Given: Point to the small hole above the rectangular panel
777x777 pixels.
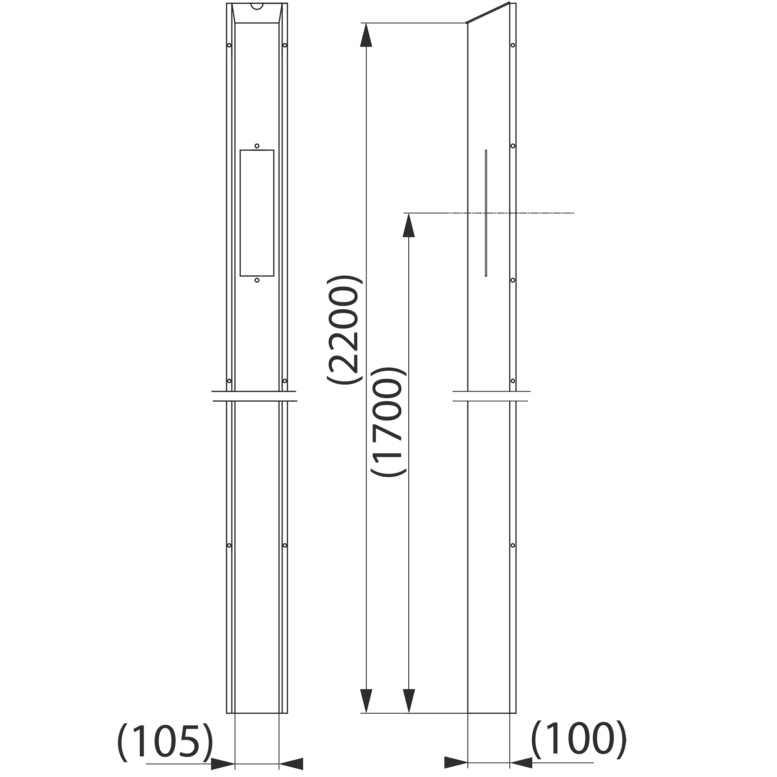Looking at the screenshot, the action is pos(257,146).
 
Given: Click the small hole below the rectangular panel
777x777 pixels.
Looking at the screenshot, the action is pos(257,280).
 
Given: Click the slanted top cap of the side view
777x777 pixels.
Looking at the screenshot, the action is pos(488,12).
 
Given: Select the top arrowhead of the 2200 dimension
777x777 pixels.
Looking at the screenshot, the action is pos(366,35).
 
